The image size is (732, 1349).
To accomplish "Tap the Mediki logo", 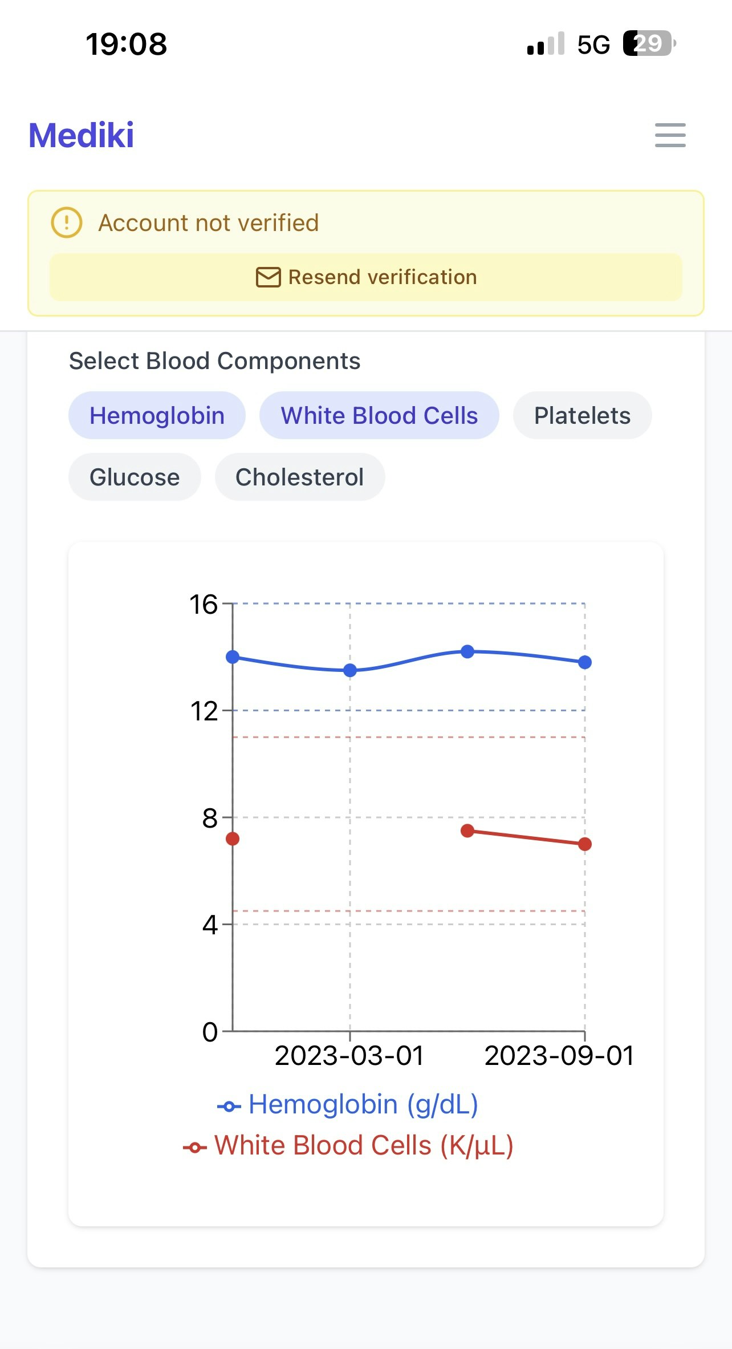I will point(82,136).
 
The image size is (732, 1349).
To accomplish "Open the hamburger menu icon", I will point(670,135).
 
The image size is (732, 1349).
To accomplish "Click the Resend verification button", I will point(366,277).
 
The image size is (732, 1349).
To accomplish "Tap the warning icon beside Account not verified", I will point(67,222).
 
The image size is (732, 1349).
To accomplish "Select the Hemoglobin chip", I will point(157,415).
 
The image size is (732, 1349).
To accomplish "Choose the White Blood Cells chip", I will point(379,415).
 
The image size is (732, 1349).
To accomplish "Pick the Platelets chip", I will point(582,415).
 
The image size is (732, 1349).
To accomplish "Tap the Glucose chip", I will point(135,477).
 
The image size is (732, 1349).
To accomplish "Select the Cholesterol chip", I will point(299,477).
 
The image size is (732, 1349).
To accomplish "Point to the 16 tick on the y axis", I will point(204,604).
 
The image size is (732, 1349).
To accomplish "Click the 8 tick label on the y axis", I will point(210,818).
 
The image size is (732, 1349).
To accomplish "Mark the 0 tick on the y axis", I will point(210,1032).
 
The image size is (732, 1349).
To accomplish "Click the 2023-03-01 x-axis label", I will point(349,1056).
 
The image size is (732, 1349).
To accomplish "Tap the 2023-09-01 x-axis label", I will point(559,1056).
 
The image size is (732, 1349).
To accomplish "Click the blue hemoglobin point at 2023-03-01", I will point(350,670).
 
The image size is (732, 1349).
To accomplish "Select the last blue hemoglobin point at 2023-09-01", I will point(585,662).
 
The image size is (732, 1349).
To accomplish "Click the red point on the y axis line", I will point(233,839).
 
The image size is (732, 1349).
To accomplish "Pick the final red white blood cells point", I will point(585,844).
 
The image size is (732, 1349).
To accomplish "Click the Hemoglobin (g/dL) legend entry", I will point(348,1105).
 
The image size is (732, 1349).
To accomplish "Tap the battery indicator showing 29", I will point(649,43).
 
